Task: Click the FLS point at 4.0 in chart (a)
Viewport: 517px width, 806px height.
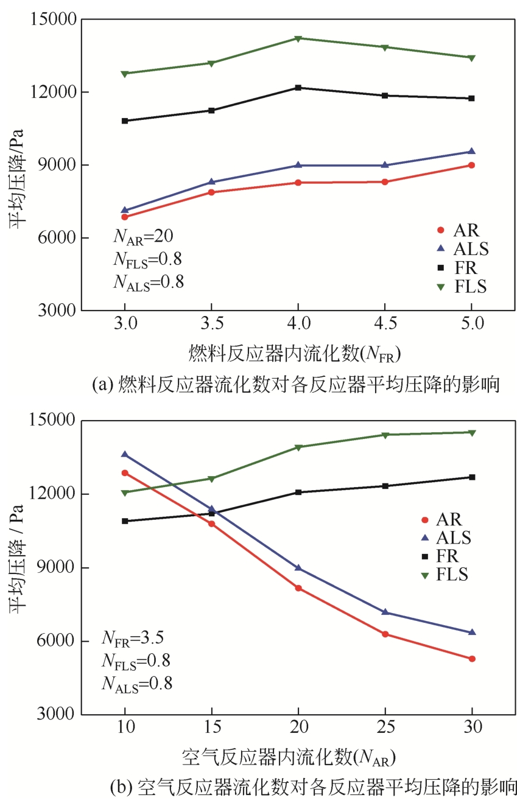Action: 298,38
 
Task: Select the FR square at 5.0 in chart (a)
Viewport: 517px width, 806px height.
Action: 471,99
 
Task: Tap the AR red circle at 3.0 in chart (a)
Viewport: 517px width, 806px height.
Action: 125,217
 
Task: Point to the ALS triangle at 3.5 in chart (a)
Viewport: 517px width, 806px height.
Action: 211,182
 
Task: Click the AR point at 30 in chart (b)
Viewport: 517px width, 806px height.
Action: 472,659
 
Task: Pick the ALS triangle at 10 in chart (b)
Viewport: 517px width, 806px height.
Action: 125,454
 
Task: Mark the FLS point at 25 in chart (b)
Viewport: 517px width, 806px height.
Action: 385,435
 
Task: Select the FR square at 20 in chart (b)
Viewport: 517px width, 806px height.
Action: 298,492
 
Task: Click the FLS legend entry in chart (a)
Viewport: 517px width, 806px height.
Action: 462,287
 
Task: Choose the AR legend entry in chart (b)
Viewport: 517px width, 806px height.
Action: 441,519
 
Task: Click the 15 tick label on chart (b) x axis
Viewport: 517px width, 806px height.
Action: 211,727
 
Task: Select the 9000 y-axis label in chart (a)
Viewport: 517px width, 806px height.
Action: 54,165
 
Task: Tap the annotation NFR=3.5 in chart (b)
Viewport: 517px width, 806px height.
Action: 132,638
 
